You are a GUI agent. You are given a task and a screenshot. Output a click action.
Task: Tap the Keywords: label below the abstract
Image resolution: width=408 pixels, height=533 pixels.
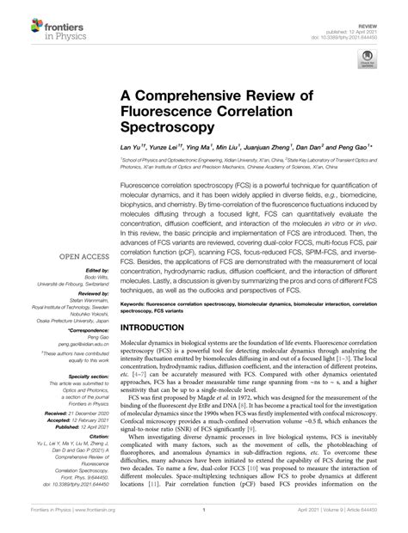click(138, 279)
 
